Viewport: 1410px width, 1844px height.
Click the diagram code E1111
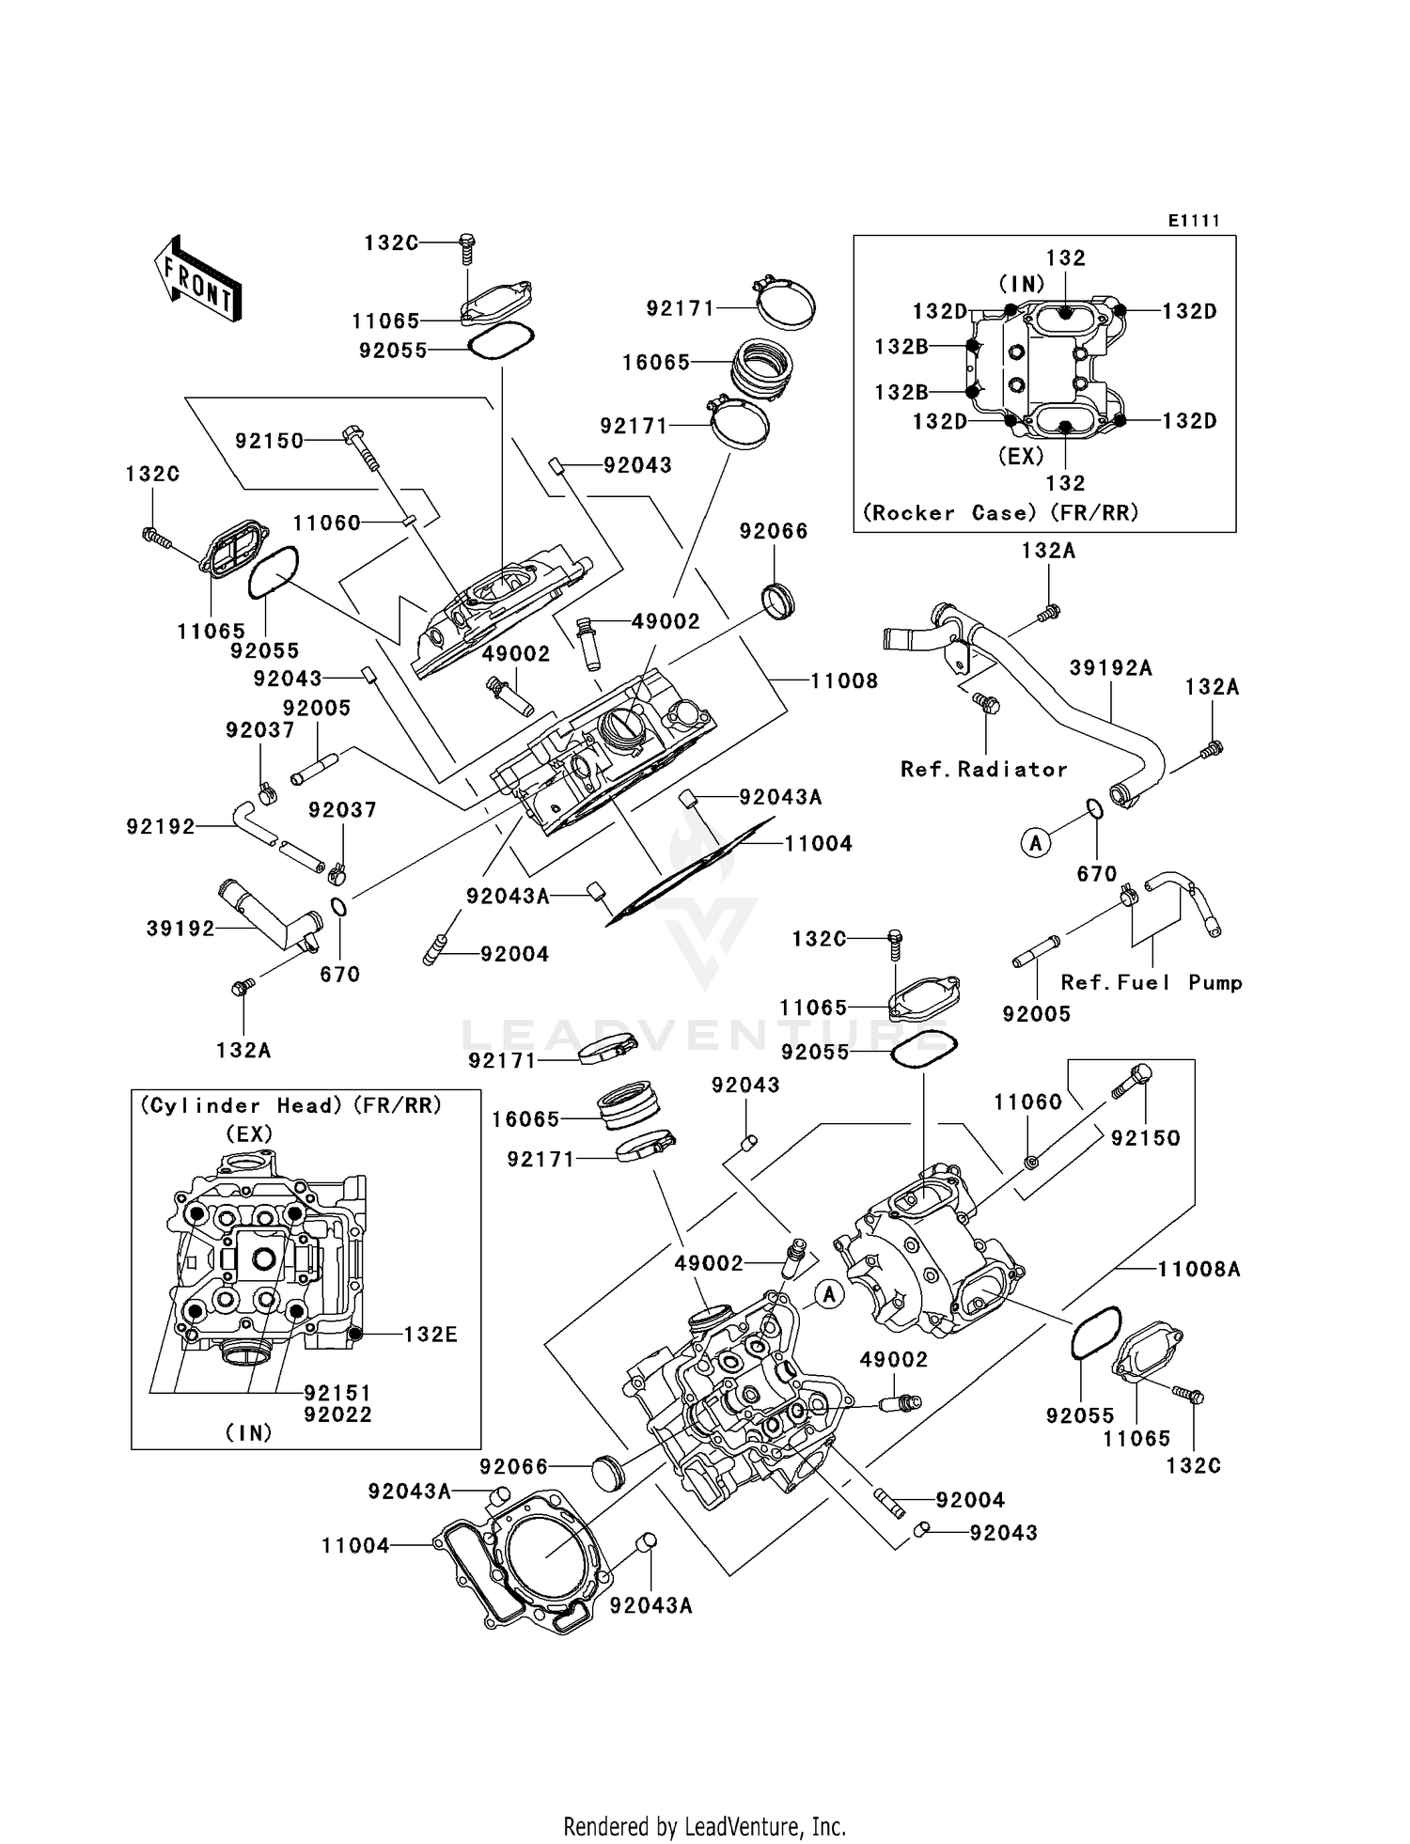tap(1194, 221)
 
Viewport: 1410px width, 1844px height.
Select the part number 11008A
tap(1198, 1270)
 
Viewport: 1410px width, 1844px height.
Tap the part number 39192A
tap(1110, 668)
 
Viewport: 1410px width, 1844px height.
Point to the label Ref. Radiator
tap(983, 770)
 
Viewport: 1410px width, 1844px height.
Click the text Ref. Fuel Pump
tap(1151, 983)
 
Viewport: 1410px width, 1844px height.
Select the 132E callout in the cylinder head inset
tap(431, 1335)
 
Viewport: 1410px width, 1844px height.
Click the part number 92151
tap(337, 1393)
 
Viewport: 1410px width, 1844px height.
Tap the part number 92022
tap(337, 1414)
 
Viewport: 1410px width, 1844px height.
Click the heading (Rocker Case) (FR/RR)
tap(1000, 513)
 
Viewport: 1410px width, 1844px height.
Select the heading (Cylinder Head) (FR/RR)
tap(290, 1106)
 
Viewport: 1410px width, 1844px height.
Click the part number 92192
tap(161, 827)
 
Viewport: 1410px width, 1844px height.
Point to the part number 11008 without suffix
tap(844, 680)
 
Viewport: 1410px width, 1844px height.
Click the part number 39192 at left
tap(180, 929)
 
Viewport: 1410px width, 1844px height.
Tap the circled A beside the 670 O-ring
tap(1036, 843)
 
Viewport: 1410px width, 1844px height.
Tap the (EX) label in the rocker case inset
tap(1020, 456)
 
